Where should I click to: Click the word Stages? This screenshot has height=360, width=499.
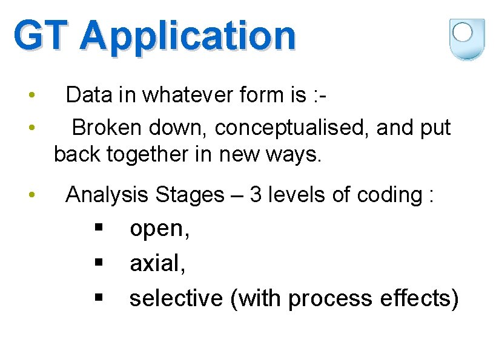190,195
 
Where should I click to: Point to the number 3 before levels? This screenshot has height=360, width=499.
255,194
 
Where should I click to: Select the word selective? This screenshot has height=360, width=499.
176,298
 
